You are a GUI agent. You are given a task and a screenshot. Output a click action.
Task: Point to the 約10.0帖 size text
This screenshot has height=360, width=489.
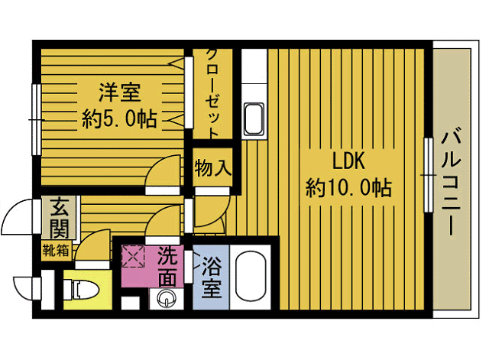[x=350, y=186]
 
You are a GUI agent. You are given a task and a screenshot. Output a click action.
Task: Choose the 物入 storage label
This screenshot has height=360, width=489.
[x=212, y=167]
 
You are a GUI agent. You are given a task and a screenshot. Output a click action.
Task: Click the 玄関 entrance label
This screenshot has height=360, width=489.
[x=60, y=218]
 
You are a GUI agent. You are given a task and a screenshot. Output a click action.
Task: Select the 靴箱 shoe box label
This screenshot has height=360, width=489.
[x=55, y=248]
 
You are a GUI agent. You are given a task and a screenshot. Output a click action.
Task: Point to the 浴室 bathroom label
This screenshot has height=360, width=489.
[x=212, y=277]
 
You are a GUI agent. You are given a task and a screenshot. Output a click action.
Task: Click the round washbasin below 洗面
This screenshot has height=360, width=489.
[x=166, y=298]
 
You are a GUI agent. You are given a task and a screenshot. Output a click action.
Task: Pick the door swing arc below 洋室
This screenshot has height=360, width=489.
[x=163, y=175]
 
